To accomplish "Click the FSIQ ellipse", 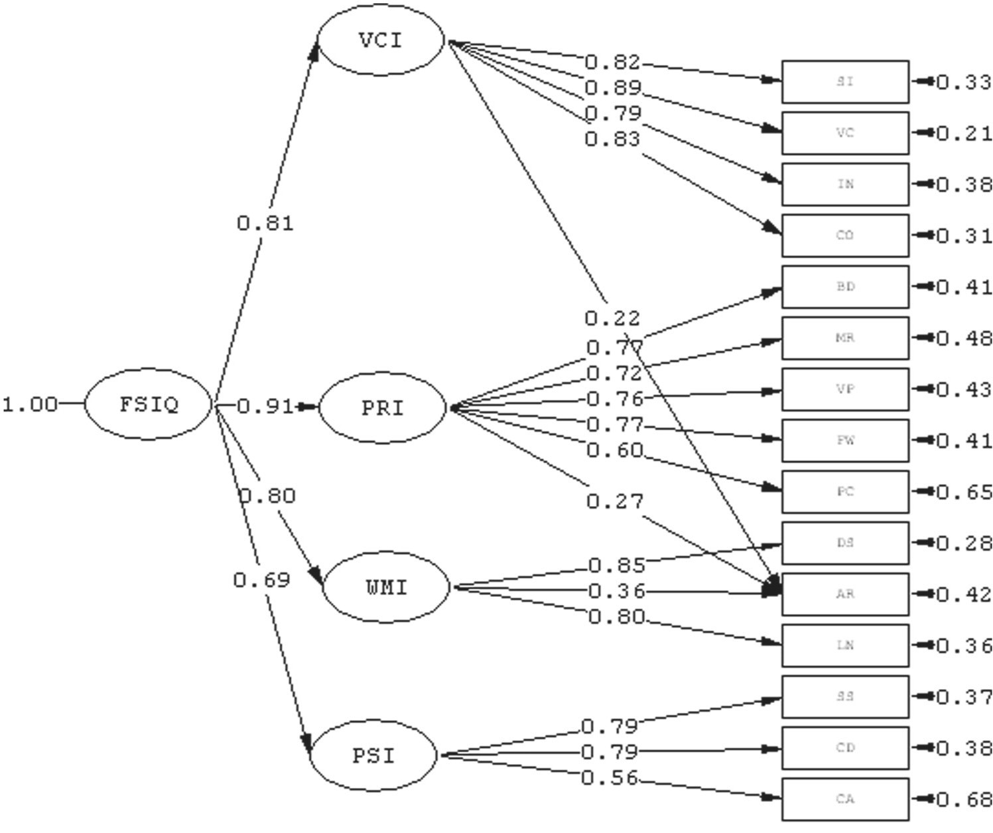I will pyautogui.click(x=149, y=405).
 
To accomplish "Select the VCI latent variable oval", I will pyautogui.click(x=381, y=41).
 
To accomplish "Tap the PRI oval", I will pyautogui.click(x=383, y=408).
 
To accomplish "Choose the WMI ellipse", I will pyautogui.click(x=386, y=588).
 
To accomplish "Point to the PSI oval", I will pyautogui.click(x=374, y=755).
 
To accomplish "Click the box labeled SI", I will pyautogui.click(x=845, y=82).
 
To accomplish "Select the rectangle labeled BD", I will pyautogui.click(x=845, y=287).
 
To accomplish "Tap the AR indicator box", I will pyautogui.click(x=845, y=594).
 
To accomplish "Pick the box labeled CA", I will pyautogui.click(x=845, y=799).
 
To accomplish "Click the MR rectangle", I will pyautogui.click(x=845, y=338).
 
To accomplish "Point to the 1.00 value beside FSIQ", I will pyautogui.click(x=30, y=405).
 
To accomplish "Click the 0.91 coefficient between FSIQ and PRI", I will pyautogui.click(x=265, y=406).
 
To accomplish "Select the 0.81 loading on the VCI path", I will pyautogui.click(x=265, y=224).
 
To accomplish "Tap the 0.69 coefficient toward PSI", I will pyautogui.click(x=262, y=581).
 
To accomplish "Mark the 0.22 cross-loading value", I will pyautogui.click(x=612, y=319).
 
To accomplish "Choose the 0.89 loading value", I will pyautogui.click(x=614, y=88).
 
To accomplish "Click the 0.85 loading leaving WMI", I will pyautogui.click(x=617, y=566).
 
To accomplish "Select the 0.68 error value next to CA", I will pyautogui.click(x=964, y=800).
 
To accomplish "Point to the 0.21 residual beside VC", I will pyautogui.click(x=964, y=134).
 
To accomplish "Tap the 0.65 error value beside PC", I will pyautogui.click(x=964, y=492).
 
